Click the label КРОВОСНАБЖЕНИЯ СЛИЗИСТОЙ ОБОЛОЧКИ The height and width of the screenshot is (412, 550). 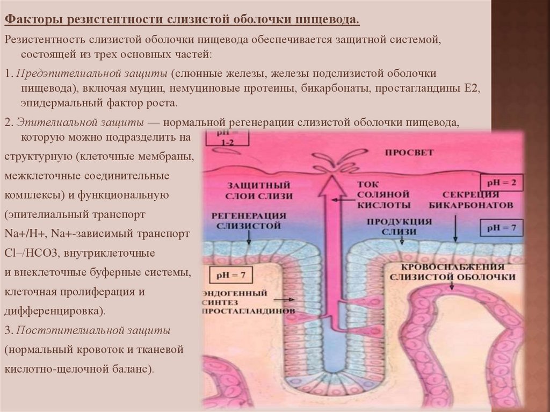[454, 271]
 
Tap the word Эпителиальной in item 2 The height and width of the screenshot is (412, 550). [49, 121]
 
